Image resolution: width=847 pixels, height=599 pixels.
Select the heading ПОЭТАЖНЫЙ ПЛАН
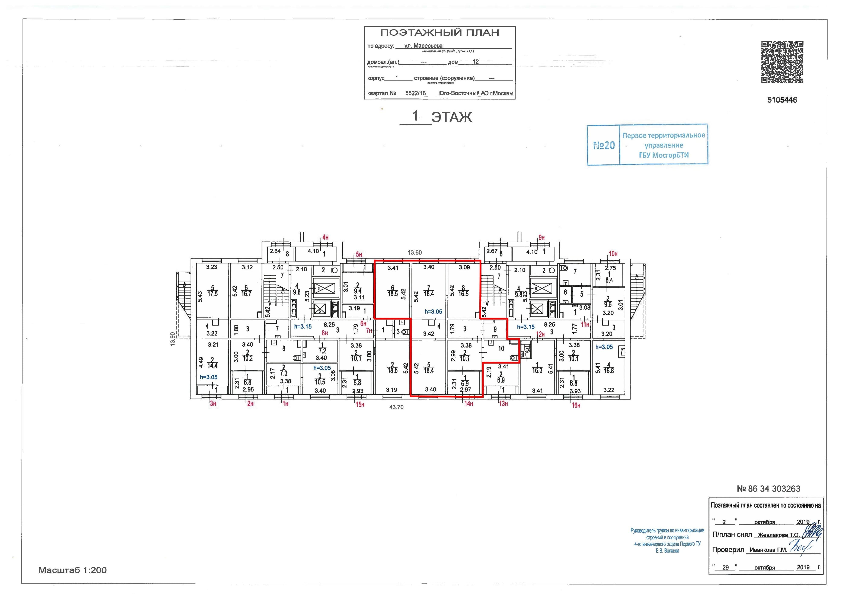(440, 33)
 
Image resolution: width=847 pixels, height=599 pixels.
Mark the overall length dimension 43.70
(397, 408)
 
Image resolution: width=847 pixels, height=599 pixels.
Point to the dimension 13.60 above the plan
(415, 253)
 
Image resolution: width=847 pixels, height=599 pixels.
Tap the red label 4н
(325, 237)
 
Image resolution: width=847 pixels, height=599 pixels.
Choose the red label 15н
(360, 405)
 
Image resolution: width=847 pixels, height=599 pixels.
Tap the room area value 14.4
(212, 365)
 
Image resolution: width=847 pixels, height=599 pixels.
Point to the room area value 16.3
(537, 371)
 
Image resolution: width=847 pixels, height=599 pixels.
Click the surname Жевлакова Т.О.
(778, 535)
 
